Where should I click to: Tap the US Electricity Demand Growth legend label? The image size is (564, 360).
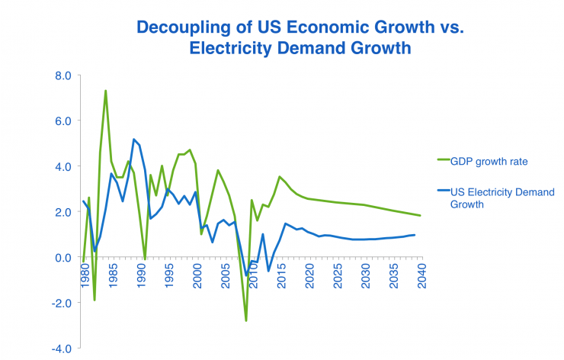tap(504, 198)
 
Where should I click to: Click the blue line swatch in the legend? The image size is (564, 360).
tap(444, 191)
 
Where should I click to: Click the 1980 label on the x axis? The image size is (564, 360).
tap(85, 274)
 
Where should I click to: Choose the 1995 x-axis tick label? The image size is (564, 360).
tap(169, 274)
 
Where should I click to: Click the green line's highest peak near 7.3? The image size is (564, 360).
tap(105, 91)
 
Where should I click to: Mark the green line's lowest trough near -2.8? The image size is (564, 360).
tap(246, 320)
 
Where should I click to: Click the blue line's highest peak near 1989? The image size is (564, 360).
tap(133, 139)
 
